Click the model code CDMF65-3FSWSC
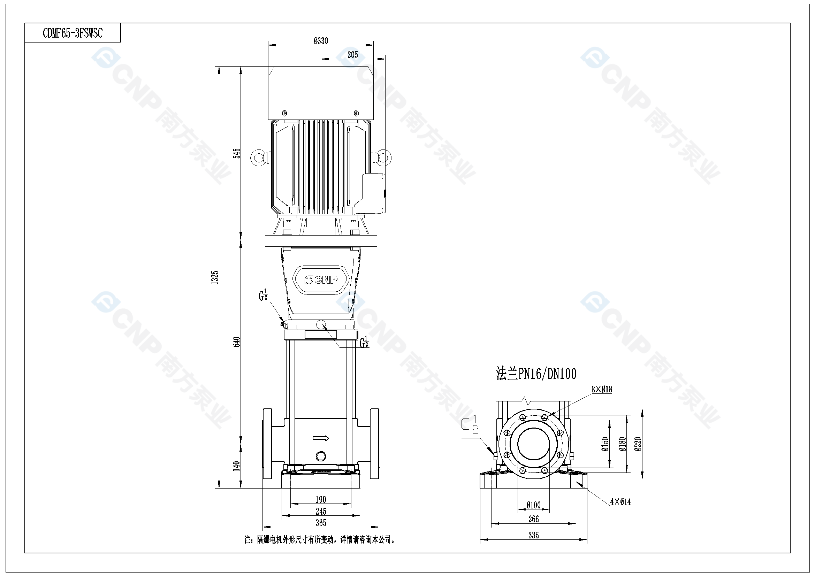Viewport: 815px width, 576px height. click(73, 33)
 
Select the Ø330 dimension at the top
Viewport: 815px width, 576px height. click(321, 41)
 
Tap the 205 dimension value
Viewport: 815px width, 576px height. click(352, 55)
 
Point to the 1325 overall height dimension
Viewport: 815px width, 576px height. click(215, 277)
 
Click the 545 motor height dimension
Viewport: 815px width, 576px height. click(236, 153)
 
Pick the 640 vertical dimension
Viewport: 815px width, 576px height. click(237, 342)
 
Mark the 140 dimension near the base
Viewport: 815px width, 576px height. click(236, 466)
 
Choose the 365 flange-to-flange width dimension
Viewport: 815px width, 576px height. click(321, 522)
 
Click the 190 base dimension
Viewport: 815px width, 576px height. click(321, 499)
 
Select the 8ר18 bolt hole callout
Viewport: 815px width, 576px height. click(602, 389)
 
